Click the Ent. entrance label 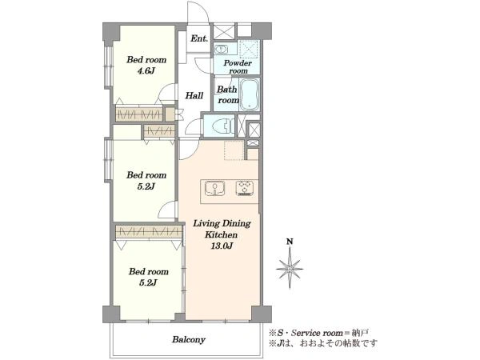[199, 38]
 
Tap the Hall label [194, 95]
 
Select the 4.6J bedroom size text [146, 71]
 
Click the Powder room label [238, 66]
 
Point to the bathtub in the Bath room [249, 94]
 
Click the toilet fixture [222, 126]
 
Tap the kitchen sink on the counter [214, 188]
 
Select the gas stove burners [245, 188]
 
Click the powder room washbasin [221, 49]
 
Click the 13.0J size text [222, 246]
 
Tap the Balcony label [189, 339]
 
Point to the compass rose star [290, 269]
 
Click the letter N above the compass [290, 242]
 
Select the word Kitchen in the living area [221, 234]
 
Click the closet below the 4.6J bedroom [138, 114]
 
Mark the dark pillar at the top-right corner [262, 30]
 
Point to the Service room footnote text [318, 333]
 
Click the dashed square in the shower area [249, 49]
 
